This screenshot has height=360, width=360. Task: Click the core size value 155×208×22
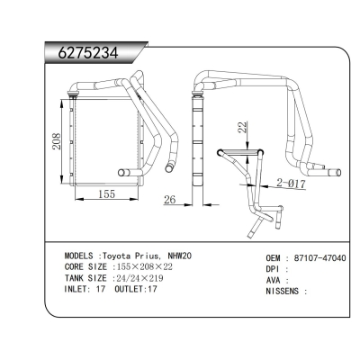tap(159, 267)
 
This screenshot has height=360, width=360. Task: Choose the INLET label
tap(81, 291)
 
